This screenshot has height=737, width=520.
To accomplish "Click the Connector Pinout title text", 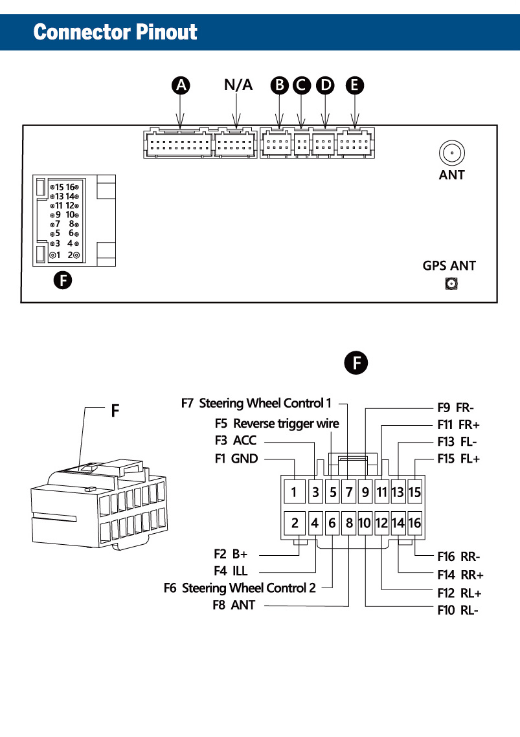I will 115,31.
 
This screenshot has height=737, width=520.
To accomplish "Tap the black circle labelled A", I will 182,85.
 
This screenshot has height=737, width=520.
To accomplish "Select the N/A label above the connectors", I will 238,85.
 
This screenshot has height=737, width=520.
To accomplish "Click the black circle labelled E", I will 355,85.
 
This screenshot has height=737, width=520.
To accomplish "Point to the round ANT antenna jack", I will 451,154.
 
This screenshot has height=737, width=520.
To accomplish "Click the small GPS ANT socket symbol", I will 451,283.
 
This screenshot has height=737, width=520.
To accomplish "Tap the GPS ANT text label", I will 449,265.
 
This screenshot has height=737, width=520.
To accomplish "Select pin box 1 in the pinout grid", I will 294,492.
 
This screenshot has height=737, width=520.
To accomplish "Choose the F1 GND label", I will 236,459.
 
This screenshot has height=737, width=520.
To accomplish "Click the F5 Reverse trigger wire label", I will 277,424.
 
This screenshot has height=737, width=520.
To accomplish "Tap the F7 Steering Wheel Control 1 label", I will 256,403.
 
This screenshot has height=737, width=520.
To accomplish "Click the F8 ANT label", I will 234,606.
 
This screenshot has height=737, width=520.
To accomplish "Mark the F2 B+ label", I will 231,555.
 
